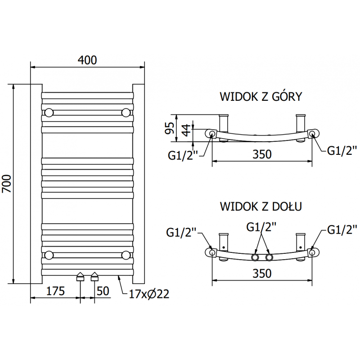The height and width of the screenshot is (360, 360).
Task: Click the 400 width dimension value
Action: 87,60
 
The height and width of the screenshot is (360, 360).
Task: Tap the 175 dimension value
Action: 55,291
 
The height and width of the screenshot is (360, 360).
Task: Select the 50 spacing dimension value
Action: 103,291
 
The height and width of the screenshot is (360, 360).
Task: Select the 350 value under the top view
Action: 262,154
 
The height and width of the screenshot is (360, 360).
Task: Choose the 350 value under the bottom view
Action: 262,274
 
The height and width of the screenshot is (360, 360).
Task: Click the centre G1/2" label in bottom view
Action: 261,226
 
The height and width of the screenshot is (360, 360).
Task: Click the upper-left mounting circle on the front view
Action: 49,112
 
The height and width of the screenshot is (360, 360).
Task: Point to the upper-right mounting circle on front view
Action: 126,112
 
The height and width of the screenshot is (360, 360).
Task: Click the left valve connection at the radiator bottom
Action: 81,276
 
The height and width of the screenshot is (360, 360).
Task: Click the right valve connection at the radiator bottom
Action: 95,276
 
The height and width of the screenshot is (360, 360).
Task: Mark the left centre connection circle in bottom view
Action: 255,257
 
